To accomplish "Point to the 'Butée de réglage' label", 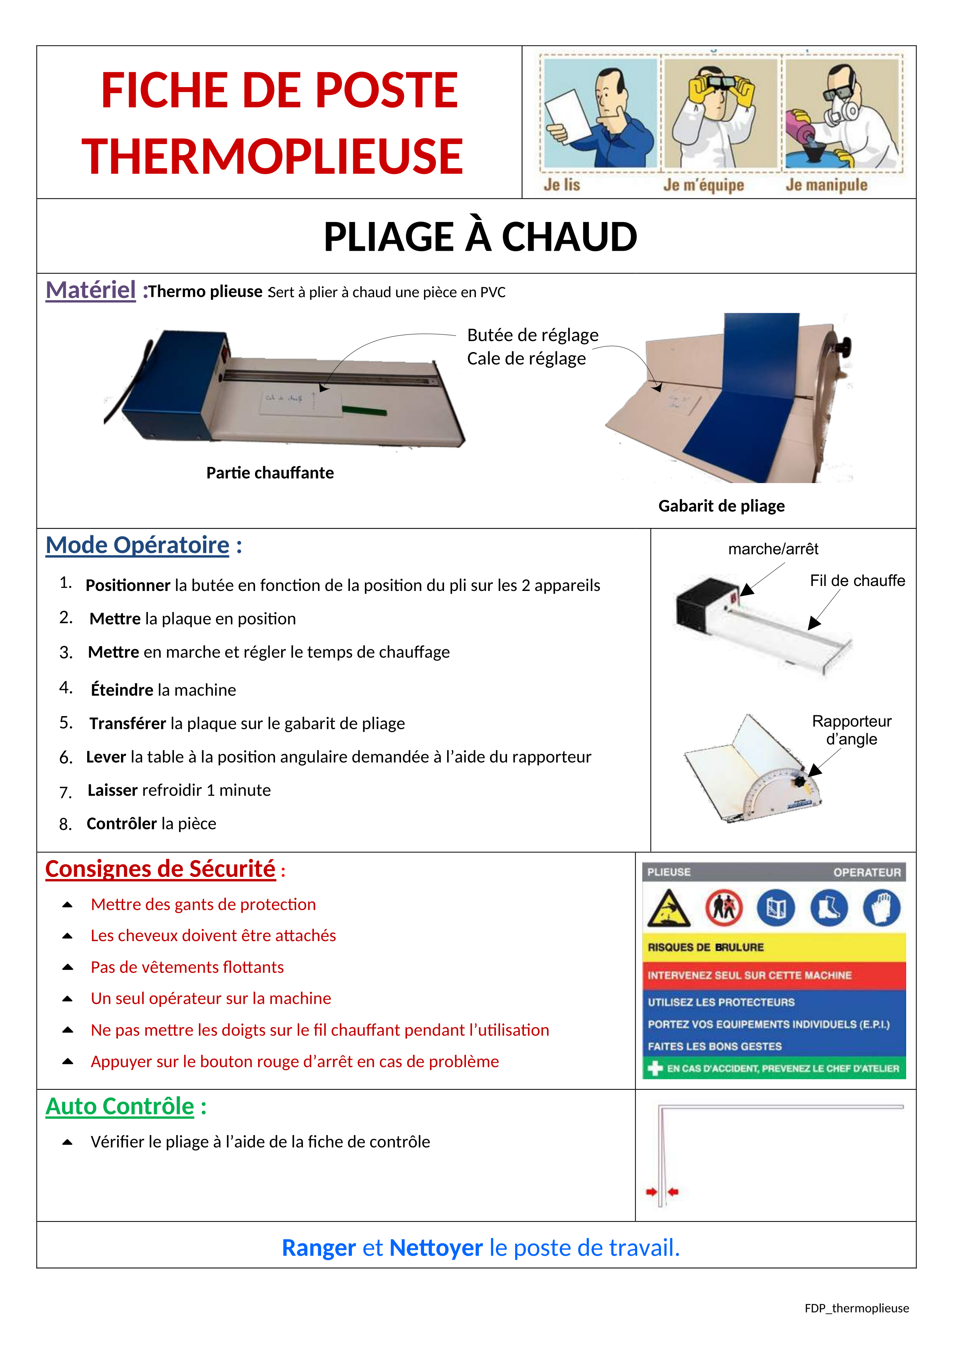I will pos(532,335).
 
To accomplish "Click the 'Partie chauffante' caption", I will pos(270,473).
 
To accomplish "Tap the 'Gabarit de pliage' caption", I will pos(721,506).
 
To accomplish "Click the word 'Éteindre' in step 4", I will pos(122,690).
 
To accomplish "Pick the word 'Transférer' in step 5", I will pos(128,723).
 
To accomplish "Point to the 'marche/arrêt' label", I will pos(773,549).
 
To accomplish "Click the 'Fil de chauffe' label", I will pos(857,581).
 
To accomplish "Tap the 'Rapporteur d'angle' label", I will pos(852,730).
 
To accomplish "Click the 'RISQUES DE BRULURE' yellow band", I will pos(774,948).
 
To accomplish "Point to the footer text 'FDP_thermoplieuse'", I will pos(856,1308).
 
